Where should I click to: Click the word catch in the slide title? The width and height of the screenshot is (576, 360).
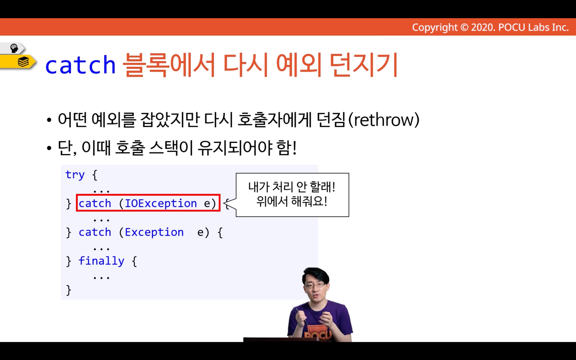point(80,65)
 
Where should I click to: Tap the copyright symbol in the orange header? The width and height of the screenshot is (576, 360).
point(464,27)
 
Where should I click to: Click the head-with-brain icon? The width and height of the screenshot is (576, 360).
point(14,48)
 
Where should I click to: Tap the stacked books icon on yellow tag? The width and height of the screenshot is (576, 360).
point(23,62)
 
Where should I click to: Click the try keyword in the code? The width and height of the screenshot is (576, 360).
point(75,175)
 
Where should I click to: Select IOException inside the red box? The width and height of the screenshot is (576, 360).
point(161,203)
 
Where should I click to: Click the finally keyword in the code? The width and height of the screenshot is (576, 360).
point(101,261)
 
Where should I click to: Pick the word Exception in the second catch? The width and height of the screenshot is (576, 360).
point(154,232)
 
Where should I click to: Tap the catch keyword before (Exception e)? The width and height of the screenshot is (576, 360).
point(95,232)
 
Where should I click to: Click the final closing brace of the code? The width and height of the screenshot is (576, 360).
point(69,290)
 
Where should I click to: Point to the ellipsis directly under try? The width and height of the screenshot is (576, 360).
point(102,191)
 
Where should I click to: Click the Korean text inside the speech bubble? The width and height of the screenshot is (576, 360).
point(292,194)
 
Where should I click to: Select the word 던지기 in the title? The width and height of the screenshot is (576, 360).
point(363,64)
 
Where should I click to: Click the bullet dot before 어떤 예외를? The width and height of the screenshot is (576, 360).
point(49,120)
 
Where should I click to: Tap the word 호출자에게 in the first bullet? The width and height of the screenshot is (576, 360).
point(274,120)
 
